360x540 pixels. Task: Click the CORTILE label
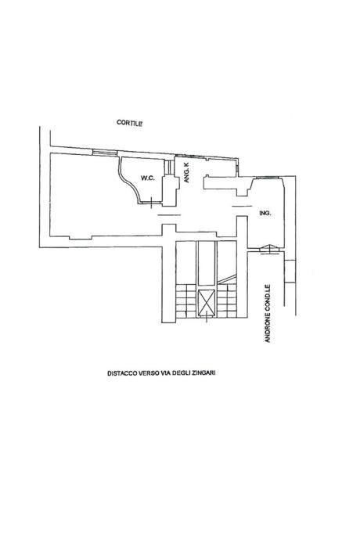(130, 123)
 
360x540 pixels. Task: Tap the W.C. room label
(147, 178)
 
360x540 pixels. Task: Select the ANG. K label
(187, 172)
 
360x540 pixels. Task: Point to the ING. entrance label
(265, 214)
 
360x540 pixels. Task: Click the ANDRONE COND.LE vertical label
(268, 313)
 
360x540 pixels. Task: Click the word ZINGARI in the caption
(204, 373)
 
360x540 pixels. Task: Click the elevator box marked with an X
(207, 302)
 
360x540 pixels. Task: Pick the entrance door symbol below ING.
(269, 250)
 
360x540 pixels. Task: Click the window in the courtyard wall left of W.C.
(105, 153)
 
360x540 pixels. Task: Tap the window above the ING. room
(267, 178)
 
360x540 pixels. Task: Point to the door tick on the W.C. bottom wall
(151, 203)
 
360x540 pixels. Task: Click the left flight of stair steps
(186, 301)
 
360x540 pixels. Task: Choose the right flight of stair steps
(227, 301)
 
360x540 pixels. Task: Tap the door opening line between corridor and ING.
(242, 206)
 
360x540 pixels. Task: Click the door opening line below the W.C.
(169, 215)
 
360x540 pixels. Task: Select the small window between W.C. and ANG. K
(169, 167)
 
